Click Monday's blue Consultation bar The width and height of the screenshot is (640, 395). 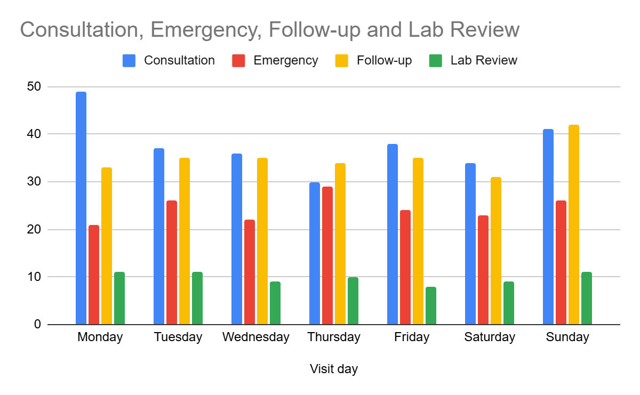[x=81, y=208]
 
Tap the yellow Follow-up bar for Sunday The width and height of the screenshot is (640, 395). [x=574, y=224]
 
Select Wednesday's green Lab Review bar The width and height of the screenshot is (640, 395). [x=275, y=303]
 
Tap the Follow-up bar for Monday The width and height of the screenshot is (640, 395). [x=107, y=246]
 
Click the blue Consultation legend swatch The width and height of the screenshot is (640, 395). [x=129, y=61]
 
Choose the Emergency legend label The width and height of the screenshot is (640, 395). [x=286, y=61]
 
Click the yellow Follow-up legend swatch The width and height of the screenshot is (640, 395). [x=342, y=61]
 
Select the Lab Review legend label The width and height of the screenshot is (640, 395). [x=484, y=61]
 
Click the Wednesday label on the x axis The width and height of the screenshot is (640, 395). [x=256, y=337]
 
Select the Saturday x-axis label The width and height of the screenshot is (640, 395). [x=490, y=337]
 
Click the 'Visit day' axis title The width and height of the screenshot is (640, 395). [x=334, y=369]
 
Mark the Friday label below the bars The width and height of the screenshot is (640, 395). [x=412, y=337]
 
